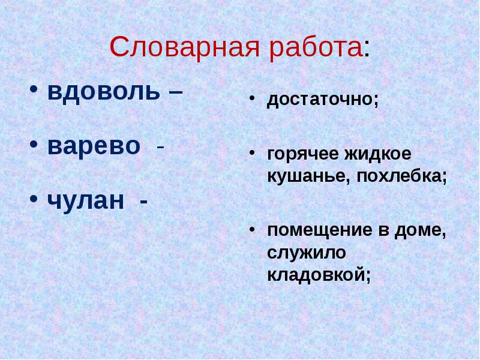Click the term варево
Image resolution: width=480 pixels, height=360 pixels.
pos(94,146)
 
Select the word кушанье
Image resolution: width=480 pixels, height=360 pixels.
pos(303,176)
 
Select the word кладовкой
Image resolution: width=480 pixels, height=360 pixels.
pos(317,275)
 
